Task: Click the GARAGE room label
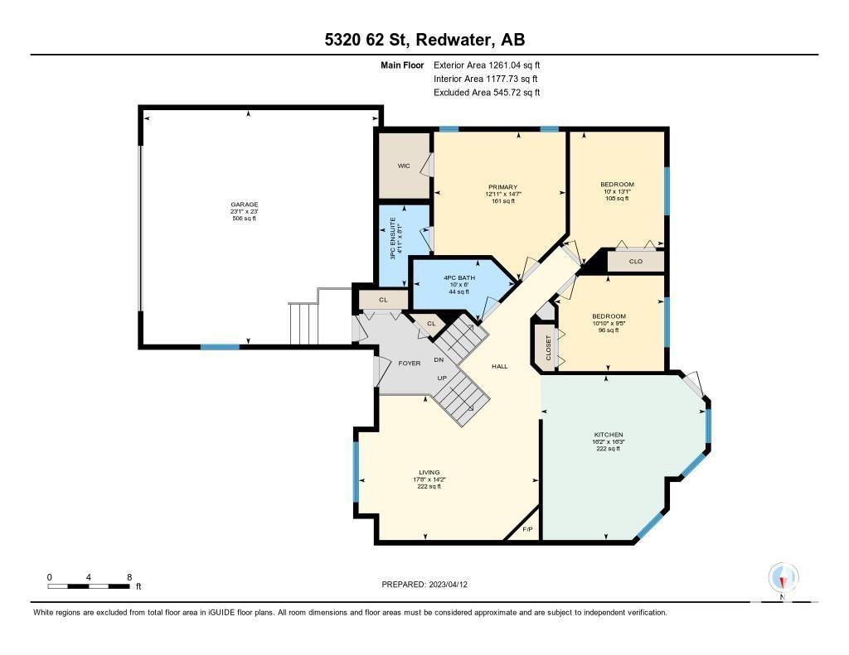coord(245,205)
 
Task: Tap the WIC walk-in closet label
coord(404,166)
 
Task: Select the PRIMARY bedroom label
coord(503,187)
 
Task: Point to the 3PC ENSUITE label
coord(393,238)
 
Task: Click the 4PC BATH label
coord(459,278)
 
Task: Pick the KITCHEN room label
coord(609,435)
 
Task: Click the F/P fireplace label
coord(527,529)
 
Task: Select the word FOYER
coord(410,364)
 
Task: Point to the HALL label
coord(500,366)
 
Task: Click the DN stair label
coord(439,359)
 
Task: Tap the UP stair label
coord(442,378)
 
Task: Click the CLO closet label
coord(636,261)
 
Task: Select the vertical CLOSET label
coord(548,348)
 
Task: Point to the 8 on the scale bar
coord(129,577)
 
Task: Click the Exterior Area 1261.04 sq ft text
coord(487,65)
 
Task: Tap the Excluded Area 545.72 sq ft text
coord(487,93)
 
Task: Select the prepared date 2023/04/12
coord(448,584)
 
